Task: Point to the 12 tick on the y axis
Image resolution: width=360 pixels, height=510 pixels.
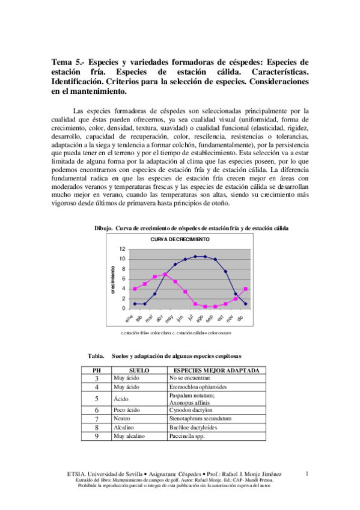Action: pos(122,249)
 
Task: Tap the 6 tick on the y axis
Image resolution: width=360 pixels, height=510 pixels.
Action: pos(123,278)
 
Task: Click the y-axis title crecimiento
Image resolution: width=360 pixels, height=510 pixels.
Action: pos(112,279)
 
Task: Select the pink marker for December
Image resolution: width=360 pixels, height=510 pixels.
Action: pos(246,289)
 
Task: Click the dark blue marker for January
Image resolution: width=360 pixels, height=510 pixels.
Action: pos(135,304)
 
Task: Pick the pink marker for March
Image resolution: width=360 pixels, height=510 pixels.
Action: pos(155,277)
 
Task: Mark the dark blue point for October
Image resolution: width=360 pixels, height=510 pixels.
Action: pos(225,271)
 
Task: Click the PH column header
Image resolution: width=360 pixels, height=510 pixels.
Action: pos(96,370)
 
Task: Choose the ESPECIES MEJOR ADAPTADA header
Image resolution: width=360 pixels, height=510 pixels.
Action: pos(216,370)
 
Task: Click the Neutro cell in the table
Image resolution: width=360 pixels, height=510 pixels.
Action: pos(121,418)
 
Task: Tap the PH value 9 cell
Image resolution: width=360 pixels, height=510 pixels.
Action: pos(96,436)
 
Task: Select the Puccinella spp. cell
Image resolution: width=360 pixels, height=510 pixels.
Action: pos(189,436)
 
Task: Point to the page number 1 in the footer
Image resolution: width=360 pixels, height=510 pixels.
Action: pos(307,474)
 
